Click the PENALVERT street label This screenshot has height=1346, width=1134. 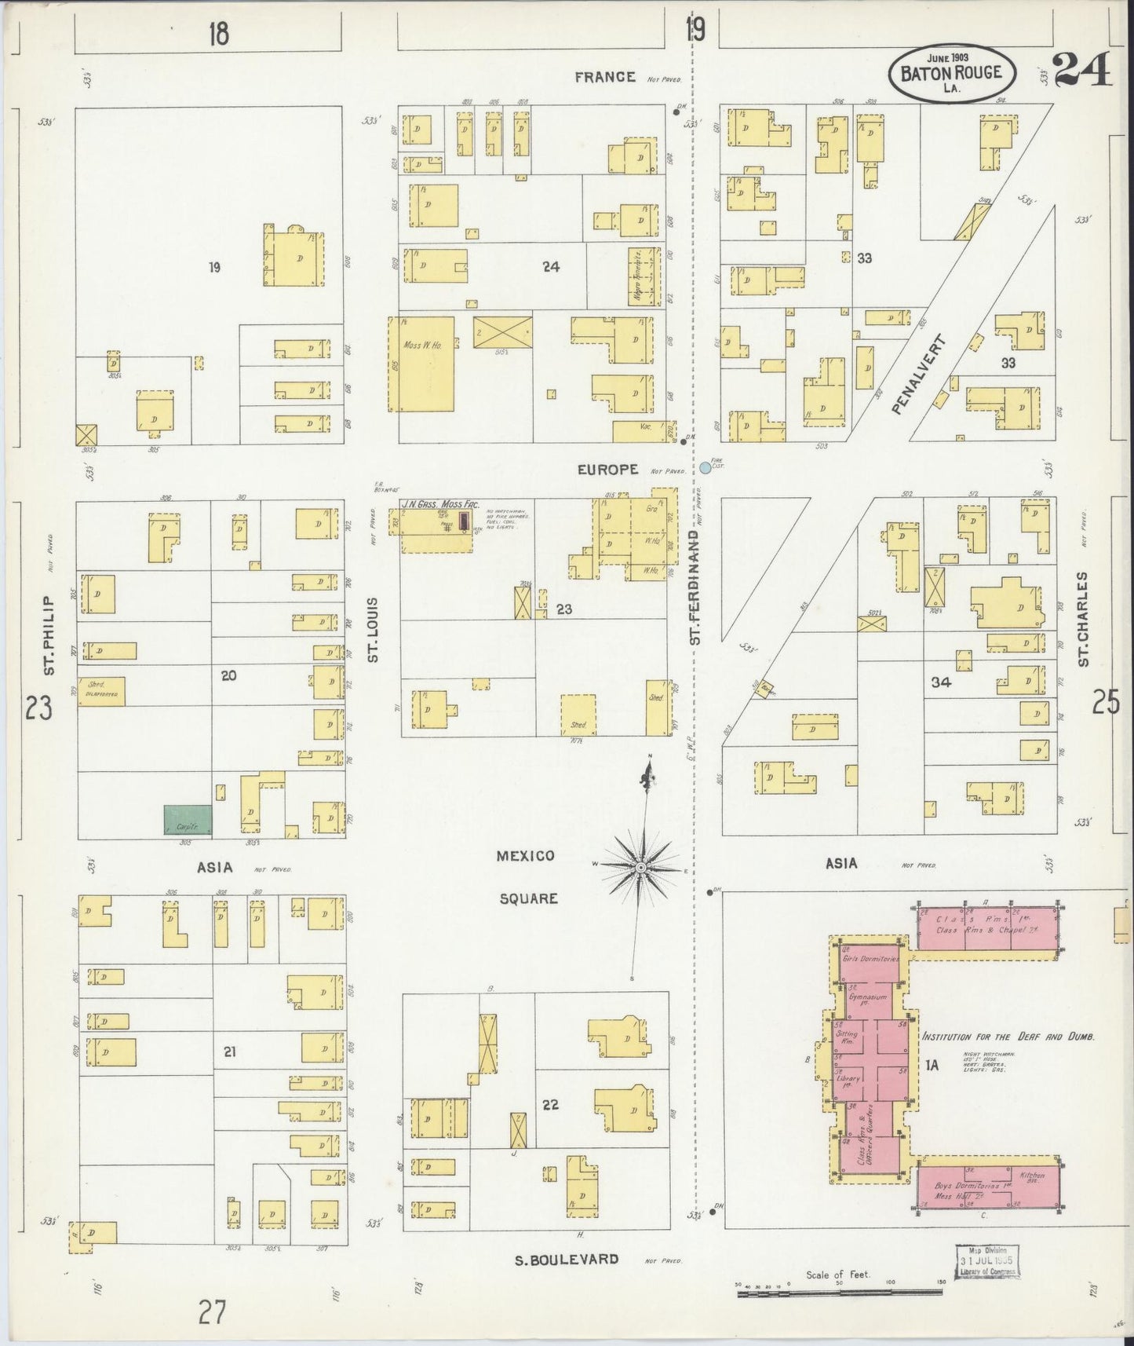coord(919,375)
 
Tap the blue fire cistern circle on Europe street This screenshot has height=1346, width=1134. coord(705,467)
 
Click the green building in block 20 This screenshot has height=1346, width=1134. coord(188,820)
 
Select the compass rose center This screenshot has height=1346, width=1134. coord(641,867)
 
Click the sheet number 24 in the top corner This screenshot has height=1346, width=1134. coord(1082,71)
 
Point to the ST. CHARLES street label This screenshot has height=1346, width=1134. coord(1083,620)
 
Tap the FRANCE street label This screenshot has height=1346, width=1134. coord(604,77)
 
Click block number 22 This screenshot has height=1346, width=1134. coord(550,1104)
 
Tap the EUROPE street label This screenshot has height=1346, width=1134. coord(607,470)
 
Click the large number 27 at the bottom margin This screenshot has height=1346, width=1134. coord(212,1312)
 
